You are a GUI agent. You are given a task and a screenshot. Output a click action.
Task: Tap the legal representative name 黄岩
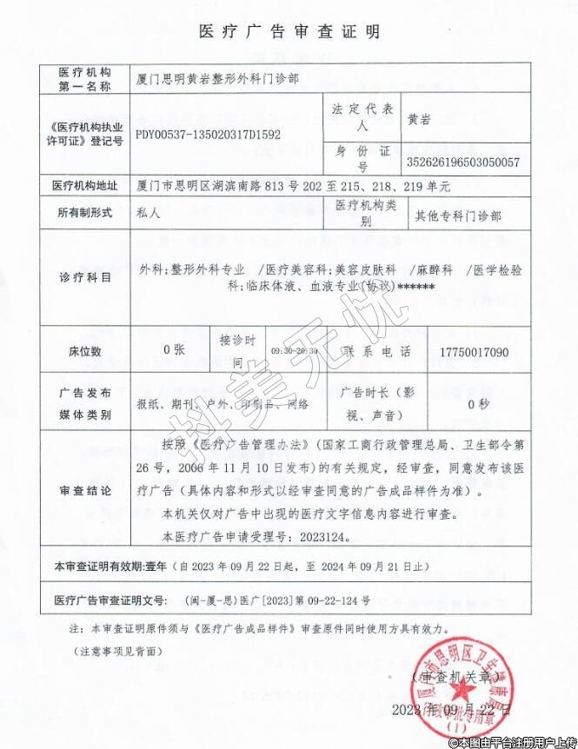tap(419, 120)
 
